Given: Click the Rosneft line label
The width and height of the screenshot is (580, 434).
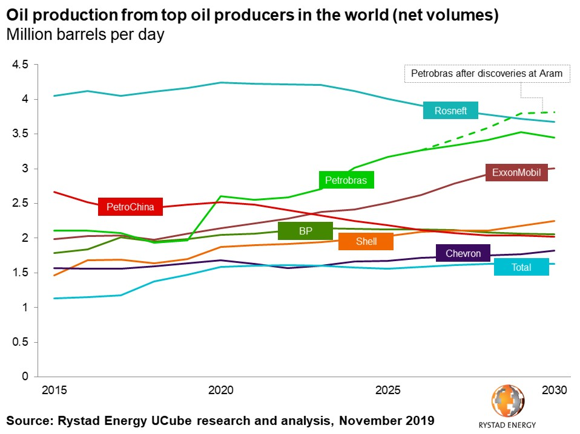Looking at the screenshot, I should pyautogui.click(x=450, y=111).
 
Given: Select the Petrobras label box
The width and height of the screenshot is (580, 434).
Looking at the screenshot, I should pyautogui.click(x=346, y=180).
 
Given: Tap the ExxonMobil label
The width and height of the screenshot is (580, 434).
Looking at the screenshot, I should pyautogui.click(x=515, y=172).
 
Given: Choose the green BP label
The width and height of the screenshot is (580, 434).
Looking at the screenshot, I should pyautogui.click(x=305, y=231).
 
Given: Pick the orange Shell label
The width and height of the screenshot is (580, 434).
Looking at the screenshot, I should pyautogui.click(x=366, y=241).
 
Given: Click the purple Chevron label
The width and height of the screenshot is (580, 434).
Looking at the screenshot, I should pyautogui.click(x=463, y=253).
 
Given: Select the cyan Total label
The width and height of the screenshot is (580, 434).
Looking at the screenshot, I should pyautogui.click(x=521, y=267).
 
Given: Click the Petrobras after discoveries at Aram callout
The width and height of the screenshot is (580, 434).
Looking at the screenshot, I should pyautogui.click(x=487, y=74).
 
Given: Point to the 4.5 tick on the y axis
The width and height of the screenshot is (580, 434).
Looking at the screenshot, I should pyautogui.click(x=20, y=65).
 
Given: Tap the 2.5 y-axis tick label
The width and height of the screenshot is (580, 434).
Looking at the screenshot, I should pyautogui.click(x=20, y=203).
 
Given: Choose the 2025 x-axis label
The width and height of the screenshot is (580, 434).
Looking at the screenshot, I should pyautogui.click(x=387, y=390).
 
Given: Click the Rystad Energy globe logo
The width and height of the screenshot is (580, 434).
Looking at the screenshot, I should pyautogui.click(x=508, y=401).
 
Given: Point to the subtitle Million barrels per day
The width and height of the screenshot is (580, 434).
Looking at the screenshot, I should pyautogui.click(x=85, y=35).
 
